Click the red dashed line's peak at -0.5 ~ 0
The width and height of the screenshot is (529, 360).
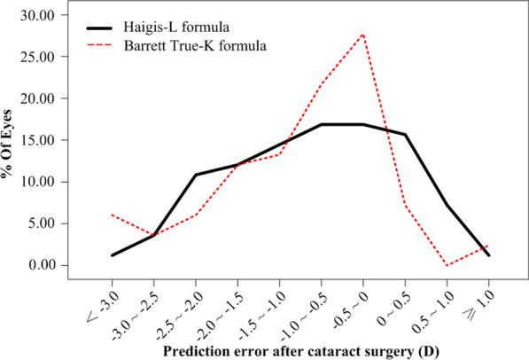tap(363, 35)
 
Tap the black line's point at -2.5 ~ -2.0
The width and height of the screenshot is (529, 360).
tap(195, 175)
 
